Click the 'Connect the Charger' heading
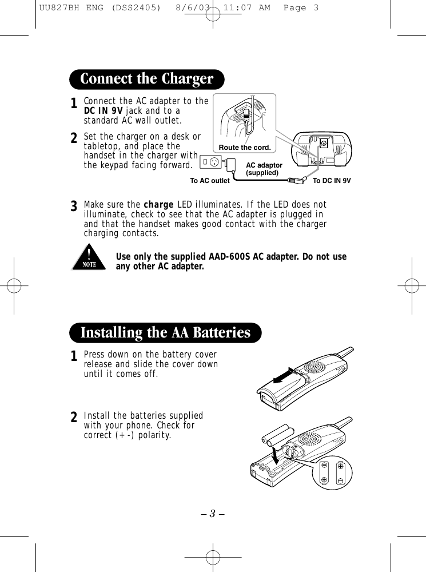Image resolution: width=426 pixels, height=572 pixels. click(146, 79)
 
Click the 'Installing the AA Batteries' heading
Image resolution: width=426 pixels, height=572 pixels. click(165, 333)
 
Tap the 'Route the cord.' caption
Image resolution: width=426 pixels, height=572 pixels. click(245, 148)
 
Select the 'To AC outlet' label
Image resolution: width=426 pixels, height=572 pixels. click(209, 181)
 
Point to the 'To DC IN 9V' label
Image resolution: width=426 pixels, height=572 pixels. click(332, 181)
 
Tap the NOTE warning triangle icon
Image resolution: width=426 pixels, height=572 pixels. click(89, 258)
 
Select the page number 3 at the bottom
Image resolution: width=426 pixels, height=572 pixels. click(213, 514)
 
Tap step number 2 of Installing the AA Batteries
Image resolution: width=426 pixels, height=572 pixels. click(74, 418)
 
